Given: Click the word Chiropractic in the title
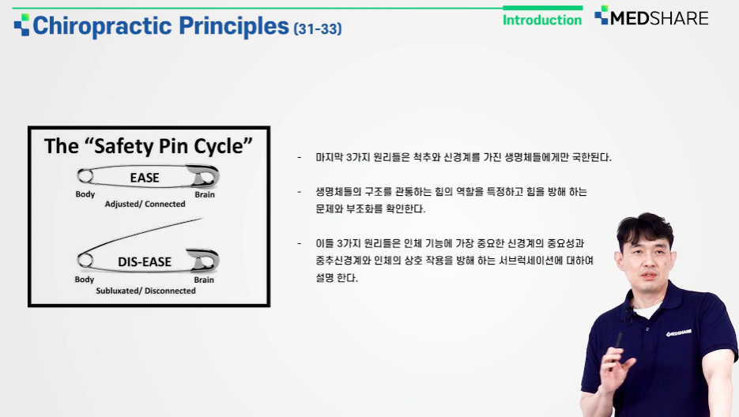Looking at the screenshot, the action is [101, 26].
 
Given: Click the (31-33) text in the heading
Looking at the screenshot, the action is [318, 28].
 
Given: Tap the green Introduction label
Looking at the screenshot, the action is [542, 20].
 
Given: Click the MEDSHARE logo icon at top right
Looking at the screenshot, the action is [601, 15].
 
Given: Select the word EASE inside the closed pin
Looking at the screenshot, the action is [145, 178].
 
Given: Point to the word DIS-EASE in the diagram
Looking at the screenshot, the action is [145, 261].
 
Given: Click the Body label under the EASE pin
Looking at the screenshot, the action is [85, 194].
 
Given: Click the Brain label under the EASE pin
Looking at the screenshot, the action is [205, 194].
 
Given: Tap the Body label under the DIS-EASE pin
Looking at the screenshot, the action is [85, 280].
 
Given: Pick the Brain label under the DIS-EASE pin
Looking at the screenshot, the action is [204, 280].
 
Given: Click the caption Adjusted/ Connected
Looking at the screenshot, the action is [145, 204].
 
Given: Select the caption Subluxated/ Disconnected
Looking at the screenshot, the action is [145, 291].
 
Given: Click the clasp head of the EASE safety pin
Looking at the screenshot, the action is [204, 175].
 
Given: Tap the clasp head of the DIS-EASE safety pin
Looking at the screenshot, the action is [204, 260].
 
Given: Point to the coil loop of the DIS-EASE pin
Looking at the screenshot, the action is [85, 260].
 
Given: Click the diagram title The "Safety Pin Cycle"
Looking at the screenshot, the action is [149, 146].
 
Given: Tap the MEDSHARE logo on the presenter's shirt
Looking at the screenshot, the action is [679, 332].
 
